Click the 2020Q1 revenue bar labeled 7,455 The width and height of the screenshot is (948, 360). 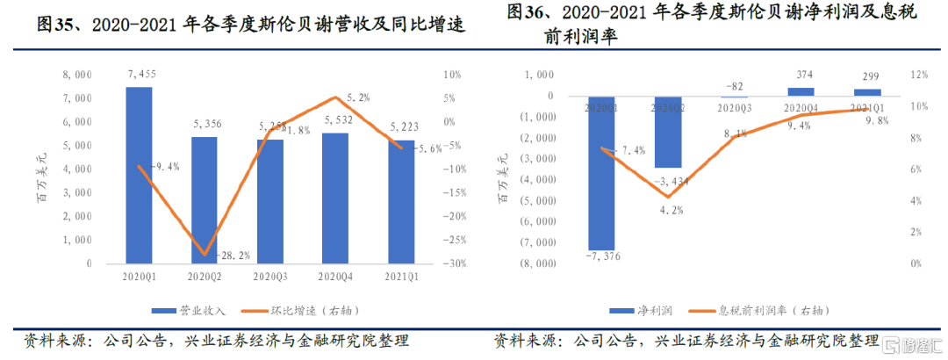point(140,175)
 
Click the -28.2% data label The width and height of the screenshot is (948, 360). point(233,256)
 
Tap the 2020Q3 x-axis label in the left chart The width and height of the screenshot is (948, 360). point(269,277)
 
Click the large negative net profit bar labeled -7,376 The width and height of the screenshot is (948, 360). point(601,172)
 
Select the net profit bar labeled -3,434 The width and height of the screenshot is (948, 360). point(667,132)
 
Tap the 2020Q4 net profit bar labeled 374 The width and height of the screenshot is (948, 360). point(800,91)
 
